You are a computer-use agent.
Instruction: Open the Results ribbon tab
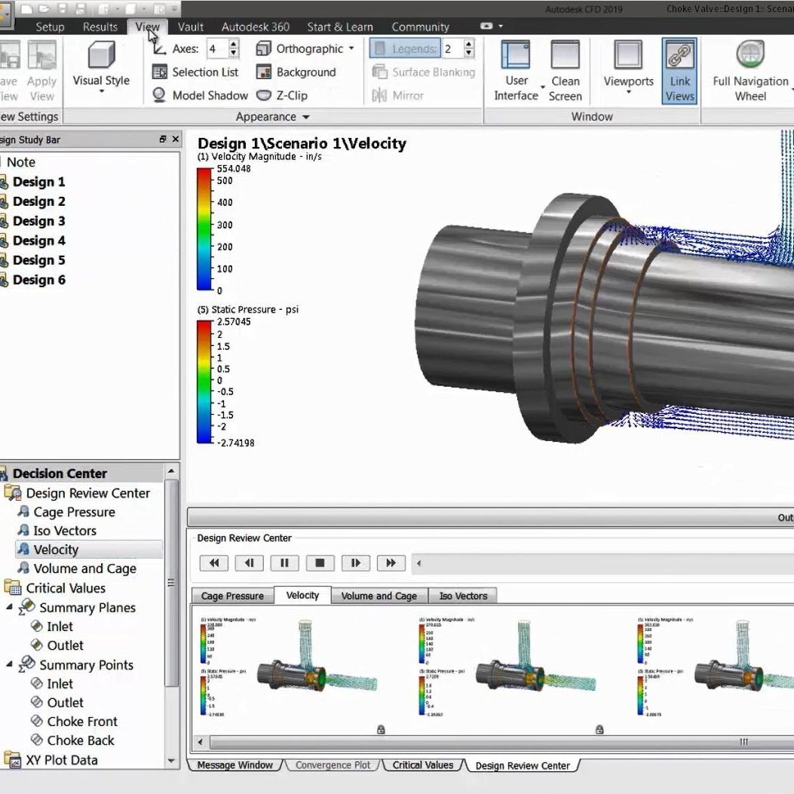tap(100, 26)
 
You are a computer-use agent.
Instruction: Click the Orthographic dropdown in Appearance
tap(305, 49)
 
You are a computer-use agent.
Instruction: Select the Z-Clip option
tap(284, 96)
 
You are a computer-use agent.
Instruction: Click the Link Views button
tap(679, 71)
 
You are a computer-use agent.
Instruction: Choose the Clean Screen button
tap(565, 71)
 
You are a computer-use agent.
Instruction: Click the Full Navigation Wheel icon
tap(750, 71)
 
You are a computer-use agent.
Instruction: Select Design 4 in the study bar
tap(38, 241)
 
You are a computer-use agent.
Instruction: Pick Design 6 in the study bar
tap(38, 280)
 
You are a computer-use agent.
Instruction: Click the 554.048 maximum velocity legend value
tap(234, 169)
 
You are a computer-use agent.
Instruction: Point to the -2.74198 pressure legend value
tap(235, 443)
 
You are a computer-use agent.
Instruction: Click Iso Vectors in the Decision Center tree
tap(64, 531)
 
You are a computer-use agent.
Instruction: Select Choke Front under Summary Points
tap(81, 722)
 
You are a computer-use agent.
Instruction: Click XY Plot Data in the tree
tap(61, 760)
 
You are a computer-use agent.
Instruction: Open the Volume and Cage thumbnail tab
tap(379, 596)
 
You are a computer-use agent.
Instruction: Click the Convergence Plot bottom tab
tap(333, 765)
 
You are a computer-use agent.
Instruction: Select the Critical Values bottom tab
tap(422, 765)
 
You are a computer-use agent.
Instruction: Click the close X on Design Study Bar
tap(176, 139)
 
